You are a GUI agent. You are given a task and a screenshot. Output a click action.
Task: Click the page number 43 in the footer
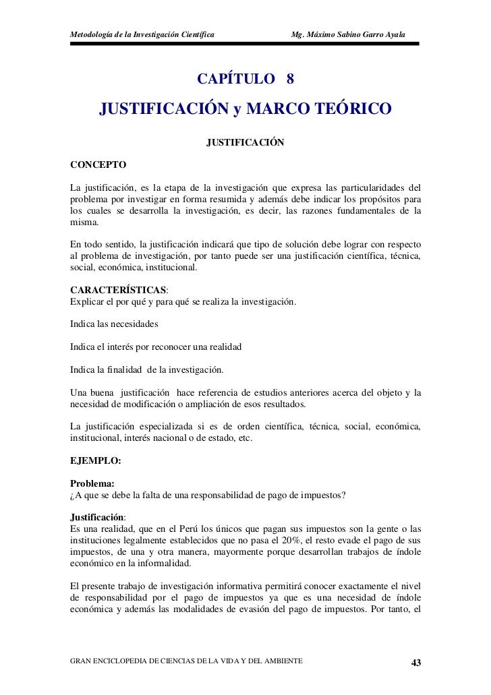tap(416, 661)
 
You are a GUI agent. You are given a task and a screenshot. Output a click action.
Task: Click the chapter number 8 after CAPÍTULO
tap(289, 79)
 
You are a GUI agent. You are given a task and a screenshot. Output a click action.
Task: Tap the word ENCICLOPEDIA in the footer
tap(130, 659)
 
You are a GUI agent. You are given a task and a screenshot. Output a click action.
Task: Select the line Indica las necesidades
tap(113, 325)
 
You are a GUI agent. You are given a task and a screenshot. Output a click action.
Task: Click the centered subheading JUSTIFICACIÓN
tap(246, 143)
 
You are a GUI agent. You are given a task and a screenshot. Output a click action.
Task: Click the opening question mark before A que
tap(72, 497)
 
